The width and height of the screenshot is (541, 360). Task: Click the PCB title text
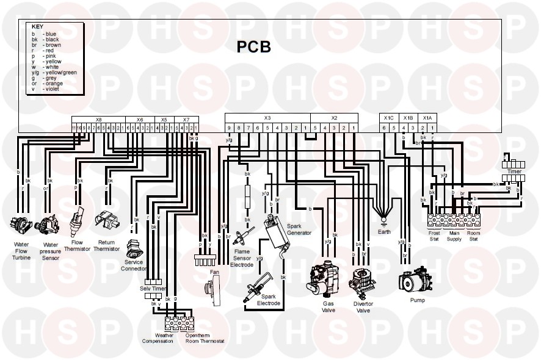click(x=253, y=47)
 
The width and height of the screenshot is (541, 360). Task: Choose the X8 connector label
click(x=98, y=120)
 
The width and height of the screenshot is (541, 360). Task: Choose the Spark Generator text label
click(x=299, y=229)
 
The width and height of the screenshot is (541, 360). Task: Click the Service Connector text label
click(x=134, y=265)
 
